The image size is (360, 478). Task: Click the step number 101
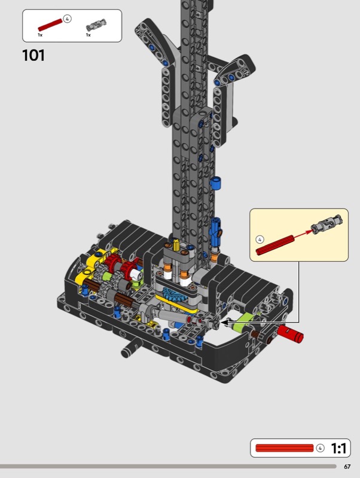tap(33, 56)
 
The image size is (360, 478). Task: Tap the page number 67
tap(347, 467)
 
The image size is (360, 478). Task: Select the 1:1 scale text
tap(338, 448)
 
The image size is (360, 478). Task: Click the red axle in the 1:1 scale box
tap(284, 448)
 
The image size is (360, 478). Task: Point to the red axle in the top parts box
tap(50, 25)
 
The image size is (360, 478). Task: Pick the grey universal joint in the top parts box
tap(96, 24)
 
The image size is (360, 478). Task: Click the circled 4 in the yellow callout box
tap(260, 240)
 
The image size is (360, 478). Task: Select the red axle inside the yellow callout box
tap(275, 244)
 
